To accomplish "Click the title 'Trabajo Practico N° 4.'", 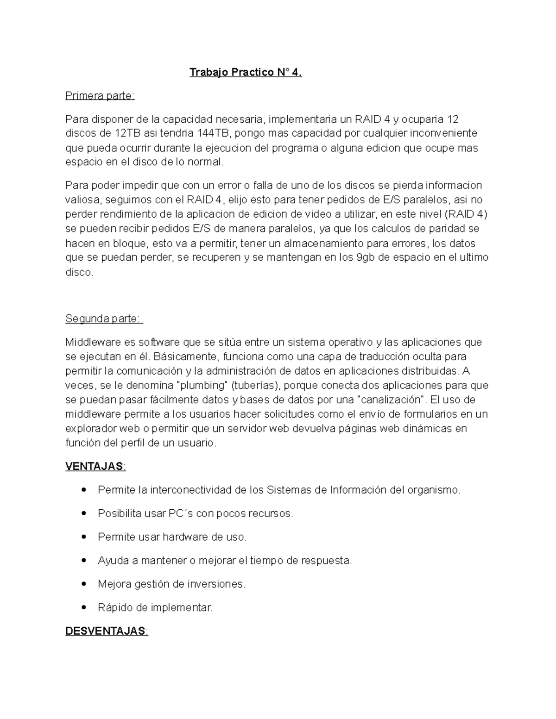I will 246,73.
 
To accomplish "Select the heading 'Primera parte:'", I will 100,96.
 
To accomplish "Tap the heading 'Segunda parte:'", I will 104,319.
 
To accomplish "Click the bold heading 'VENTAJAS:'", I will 95,466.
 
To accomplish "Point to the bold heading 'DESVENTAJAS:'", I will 107,631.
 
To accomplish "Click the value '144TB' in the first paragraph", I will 213,134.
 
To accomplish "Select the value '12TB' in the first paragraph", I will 126,134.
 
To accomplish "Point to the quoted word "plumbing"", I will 202,386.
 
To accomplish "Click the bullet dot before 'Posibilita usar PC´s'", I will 83,513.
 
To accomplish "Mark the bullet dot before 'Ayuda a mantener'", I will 83,561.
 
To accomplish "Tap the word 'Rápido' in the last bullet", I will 114,608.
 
